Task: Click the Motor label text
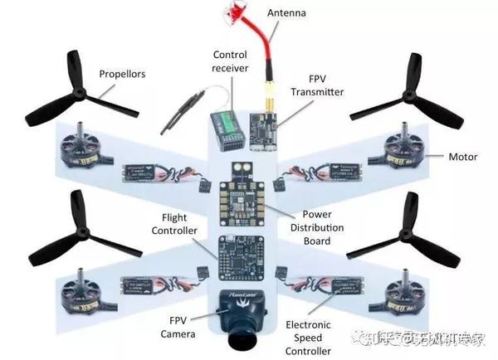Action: click(463, 157)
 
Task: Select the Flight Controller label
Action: click(173, 224)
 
